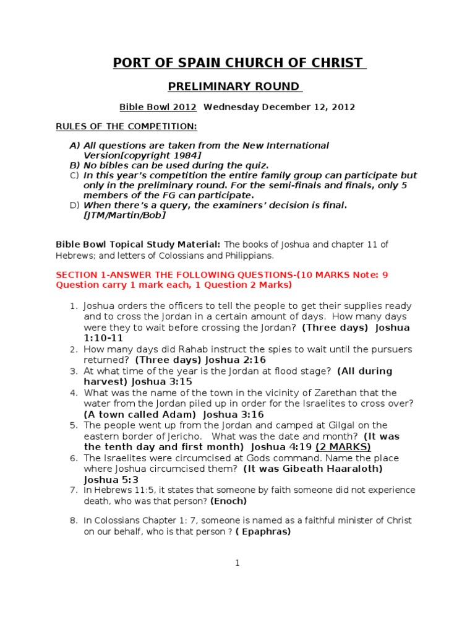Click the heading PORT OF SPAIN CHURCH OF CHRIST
237,63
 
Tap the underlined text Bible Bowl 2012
158,107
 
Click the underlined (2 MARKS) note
343,446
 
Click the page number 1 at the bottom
237,563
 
